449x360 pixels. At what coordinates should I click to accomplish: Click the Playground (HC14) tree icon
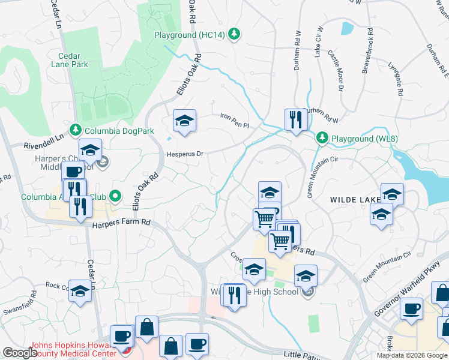[x=235, y=35]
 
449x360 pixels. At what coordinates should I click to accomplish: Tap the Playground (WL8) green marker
[x=322, y=139]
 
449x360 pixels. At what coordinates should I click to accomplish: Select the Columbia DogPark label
[x=119, y=130]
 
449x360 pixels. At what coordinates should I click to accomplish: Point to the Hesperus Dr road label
[x=186, y=154]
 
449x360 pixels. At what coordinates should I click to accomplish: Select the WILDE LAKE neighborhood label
[x=352, y=199]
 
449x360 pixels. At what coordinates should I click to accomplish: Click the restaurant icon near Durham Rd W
[x=295, y=119]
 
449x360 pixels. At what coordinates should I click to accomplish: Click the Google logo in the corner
[x=20, y=352]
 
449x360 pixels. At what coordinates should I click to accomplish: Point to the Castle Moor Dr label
[x=335, y=70]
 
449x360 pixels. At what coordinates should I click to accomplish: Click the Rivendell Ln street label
[x=43, y=142]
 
